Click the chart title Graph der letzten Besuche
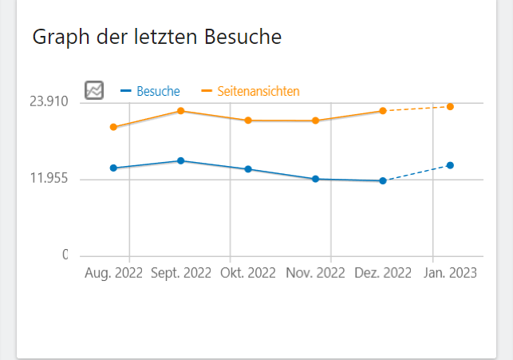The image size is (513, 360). click(156, 37)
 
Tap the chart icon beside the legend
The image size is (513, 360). click(94, 90)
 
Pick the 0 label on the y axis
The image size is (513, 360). click(65, 255)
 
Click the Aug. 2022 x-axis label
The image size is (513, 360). click(113, 272)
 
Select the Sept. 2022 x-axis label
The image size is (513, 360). click(181, 272)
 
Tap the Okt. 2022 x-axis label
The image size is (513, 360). click(248, 272)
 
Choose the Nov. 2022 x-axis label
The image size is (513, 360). click(316, 272)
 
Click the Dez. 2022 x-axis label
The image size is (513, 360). click(383, 272)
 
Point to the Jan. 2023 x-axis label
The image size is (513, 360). click(450, 272)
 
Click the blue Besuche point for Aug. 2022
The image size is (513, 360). click(113, 168)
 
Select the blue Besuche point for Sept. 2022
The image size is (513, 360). click(181, 160)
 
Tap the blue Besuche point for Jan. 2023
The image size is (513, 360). click(451, 165)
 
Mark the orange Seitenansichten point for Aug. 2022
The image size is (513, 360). click(113, 127)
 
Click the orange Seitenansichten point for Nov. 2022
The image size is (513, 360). click(316, 121)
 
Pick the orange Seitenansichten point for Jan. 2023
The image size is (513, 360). click(451, 106)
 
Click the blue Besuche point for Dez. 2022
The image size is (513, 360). click(383, 181)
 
